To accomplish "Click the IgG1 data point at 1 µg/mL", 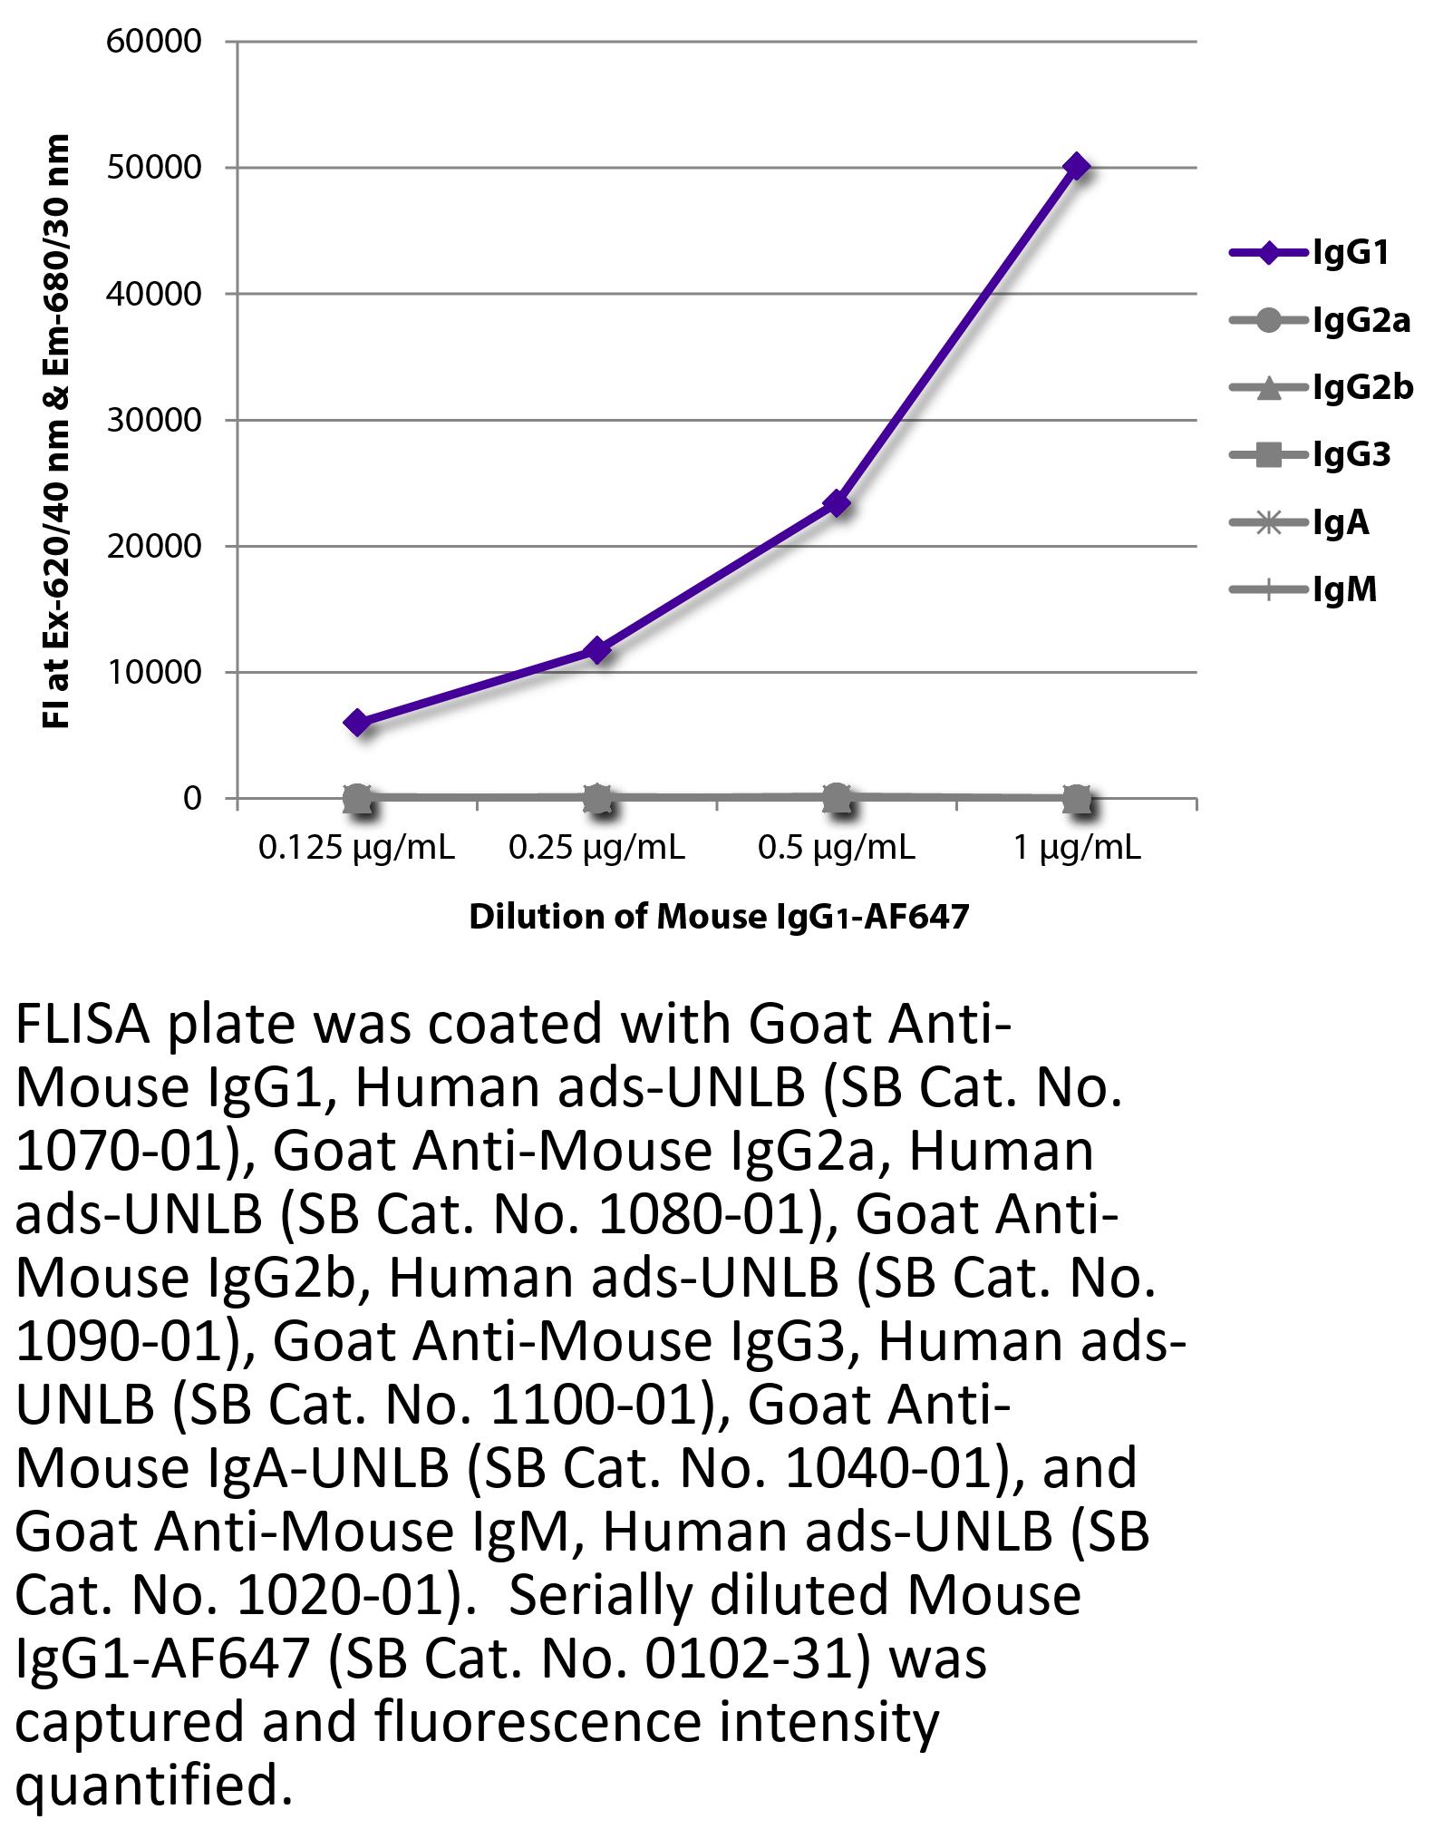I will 1076,167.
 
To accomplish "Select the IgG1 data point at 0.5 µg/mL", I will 837,503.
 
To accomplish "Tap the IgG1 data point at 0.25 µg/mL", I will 597,650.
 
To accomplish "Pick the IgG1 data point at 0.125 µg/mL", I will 357,723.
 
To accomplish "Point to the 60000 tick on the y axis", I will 153,42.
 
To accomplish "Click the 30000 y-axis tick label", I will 153,421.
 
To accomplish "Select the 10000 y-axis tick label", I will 153,673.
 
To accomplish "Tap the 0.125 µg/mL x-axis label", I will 357,848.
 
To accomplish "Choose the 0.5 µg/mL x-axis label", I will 837,848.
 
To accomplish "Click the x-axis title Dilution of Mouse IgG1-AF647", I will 718,917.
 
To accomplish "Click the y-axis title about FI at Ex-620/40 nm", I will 56,431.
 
